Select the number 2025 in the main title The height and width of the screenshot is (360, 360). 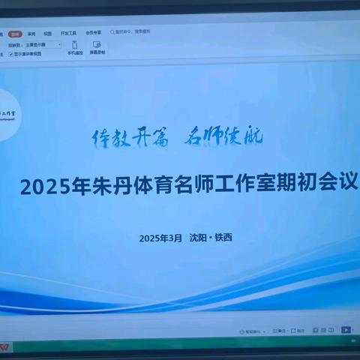pyautogui.click(x=44, y=186)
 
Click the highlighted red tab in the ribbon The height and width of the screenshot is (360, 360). pyautogui.click(x=14, y=34)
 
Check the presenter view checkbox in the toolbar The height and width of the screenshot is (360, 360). pyautogui.click(x=11, y=54)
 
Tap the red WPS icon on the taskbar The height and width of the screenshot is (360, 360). pyautogui.click(x=6, y=349)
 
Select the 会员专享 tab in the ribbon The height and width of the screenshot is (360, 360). pyautogui.click(x=93, y=33)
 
